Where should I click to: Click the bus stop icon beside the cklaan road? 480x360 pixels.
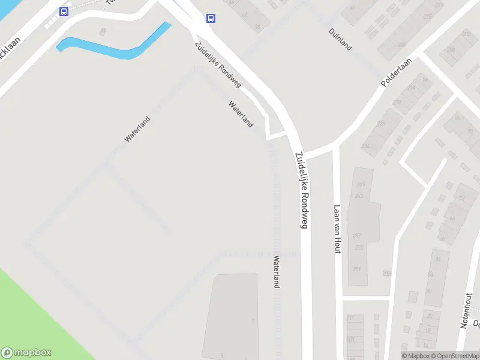point(63,11)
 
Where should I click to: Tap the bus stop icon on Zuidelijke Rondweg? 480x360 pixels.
point(211,18)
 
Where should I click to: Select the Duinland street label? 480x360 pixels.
point(340,39)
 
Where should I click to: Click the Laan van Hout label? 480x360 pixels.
point(337,229)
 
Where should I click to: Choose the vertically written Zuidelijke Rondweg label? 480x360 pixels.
point(302,190)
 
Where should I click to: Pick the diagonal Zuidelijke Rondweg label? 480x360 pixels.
point(217,65)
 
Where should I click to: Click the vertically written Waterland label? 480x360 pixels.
point(277,272)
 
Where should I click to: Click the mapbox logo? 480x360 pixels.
point(26,353)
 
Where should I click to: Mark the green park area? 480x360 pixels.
point(36,312)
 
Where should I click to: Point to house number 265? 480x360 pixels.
point(360,184)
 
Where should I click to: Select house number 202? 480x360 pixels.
point(466,34)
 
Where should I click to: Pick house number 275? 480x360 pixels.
point(359,248)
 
